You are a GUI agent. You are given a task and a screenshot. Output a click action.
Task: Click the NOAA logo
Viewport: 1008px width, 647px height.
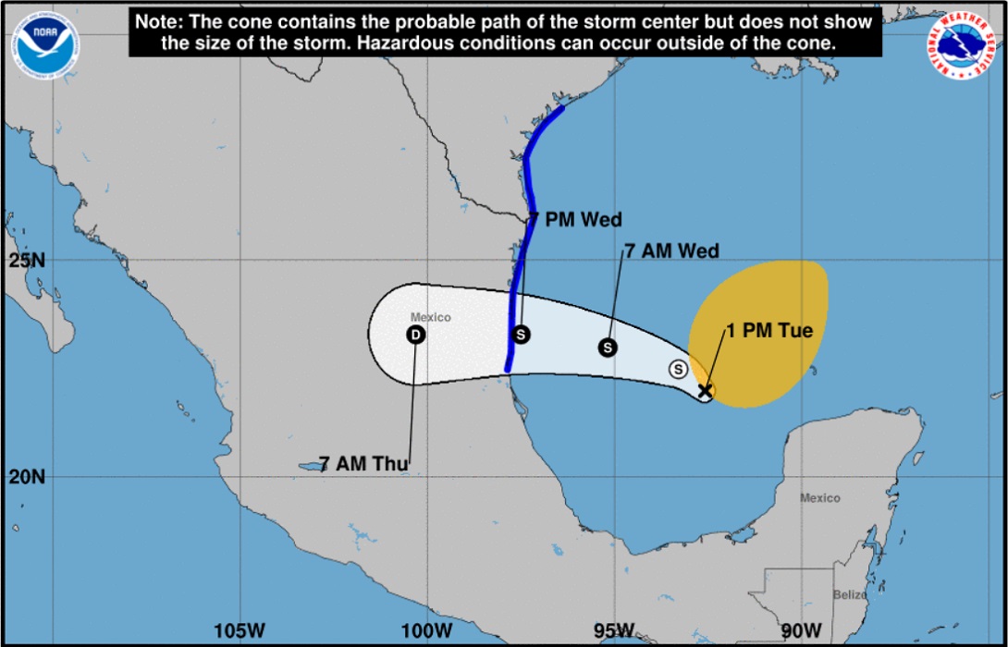44,43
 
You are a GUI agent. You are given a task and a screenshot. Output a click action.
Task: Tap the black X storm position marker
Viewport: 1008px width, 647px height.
705,391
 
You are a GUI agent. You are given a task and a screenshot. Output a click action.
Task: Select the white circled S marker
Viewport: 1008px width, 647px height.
678,369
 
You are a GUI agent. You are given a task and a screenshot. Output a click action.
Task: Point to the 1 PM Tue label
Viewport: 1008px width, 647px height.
769,330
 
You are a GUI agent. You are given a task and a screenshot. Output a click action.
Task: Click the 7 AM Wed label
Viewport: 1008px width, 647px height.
671,250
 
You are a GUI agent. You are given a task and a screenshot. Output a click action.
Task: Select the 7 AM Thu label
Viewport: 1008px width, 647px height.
363,464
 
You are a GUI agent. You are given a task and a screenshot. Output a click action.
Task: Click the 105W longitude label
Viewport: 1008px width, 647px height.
239,630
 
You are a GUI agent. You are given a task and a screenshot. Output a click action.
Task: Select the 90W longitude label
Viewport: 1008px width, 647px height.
800,630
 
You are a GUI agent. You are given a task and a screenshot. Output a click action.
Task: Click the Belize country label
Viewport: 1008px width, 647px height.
849,595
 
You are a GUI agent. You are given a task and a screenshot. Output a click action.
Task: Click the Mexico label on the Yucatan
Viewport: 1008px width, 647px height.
819,498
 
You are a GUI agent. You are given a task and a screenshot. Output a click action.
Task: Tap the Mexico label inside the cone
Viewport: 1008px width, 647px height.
431,318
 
